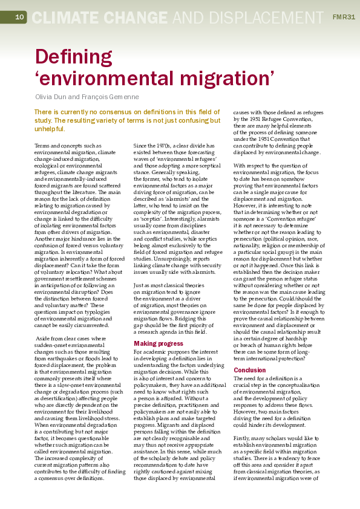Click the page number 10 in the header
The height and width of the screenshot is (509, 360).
pyautogui.click(x=19, y=17)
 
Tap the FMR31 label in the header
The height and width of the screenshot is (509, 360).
pyautogui.click(x=344, y=17)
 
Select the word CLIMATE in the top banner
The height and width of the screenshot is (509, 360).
pyautogui.click(x=66, y=17)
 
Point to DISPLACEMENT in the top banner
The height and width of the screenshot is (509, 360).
pyautogui.click(x=267, y=17)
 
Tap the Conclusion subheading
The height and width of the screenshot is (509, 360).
pyautogui.click(x=249, y=370)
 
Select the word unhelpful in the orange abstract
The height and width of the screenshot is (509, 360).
pyautogui.click(x=51, y=129)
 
